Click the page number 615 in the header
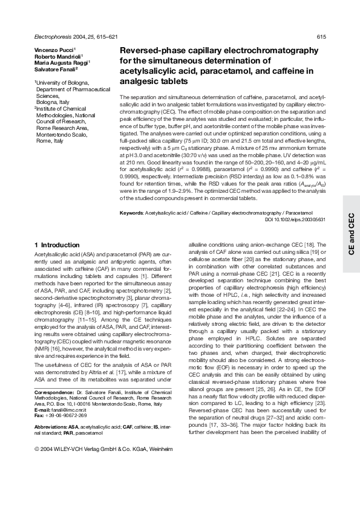point(322,37)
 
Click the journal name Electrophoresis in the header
point(54,37)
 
